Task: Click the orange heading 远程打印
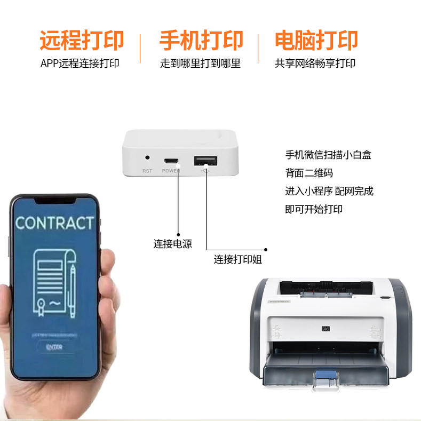tap(81, 41)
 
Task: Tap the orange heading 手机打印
tap(201, 41)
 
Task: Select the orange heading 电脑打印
tap(316, 41)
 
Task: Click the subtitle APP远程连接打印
tap(80, 63)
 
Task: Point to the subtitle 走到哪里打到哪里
tap(200, 63)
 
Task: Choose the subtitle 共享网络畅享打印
tap(315, 63)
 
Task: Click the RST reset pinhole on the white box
tap(147, 158)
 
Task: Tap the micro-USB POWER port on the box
tap(171, 161)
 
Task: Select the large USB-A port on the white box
tap(205, 160)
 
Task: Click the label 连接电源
tap(172, 244)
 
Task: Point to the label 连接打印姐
tap(238, 260)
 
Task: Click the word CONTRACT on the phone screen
tap(54, 223)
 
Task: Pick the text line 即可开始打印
tap(314, 209)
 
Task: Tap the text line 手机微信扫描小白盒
tap(328, 155)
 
